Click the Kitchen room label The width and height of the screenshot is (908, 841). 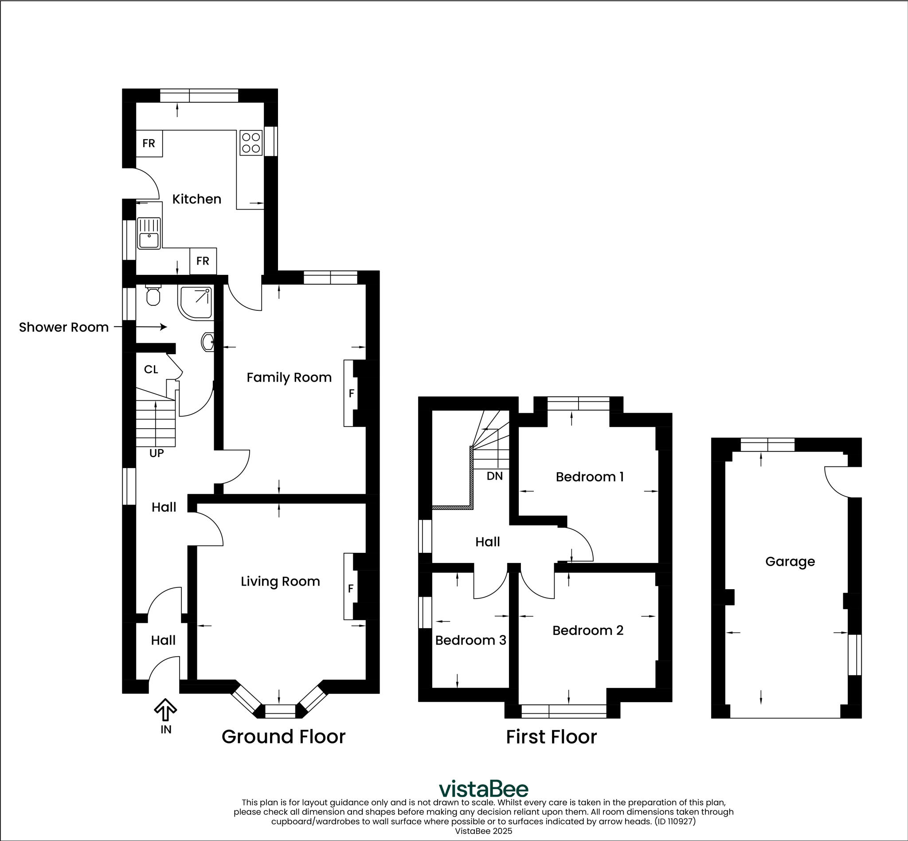[196, 199]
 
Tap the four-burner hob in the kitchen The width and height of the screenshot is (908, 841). [251, 142]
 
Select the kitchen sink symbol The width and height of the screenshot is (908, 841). [149, 234]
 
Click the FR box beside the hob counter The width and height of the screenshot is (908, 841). [149, 143]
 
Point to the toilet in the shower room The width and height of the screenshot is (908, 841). [153, 296]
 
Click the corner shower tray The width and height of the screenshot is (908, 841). [196, 302]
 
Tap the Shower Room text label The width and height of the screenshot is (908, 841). [64, 327]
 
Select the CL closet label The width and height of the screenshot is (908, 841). [151, 369]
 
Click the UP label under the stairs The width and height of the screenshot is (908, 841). [156, 453]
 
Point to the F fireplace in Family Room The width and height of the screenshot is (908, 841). [351, 393]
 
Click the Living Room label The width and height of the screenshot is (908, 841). [280, 581]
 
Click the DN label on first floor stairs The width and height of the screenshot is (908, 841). [495, 476]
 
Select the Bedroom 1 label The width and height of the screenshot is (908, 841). [589, 477]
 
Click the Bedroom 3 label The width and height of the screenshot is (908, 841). [470, 640]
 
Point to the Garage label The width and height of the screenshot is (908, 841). [790, 561]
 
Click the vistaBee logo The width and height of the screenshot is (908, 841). [483, 789]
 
